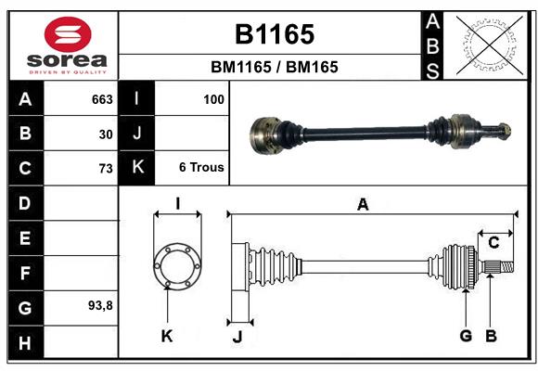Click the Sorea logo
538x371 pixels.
click(68, 46)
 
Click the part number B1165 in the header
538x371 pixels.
click(274, 34)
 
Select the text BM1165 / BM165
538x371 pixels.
click(274, 67)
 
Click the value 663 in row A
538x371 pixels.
click(102, 99)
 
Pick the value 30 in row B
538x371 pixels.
click(106, 134)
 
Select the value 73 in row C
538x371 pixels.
click(106, 169)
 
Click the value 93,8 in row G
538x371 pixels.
click(100, 305)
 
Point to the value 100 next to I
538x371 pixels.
click(213, 99)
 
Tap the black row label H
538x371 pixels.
click(25, 342)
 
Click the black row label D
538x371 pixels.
click(25, 203)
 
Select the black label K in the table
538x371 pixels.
click(136, 168)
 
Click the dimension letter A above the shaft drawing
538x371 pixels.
click(363, 205)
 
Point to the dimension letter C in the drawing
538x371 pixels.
click(493, 242)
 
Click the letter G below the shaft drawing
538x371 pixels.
click(466, 336)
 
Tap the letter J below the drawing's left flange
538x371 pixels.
click(237, 337)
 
